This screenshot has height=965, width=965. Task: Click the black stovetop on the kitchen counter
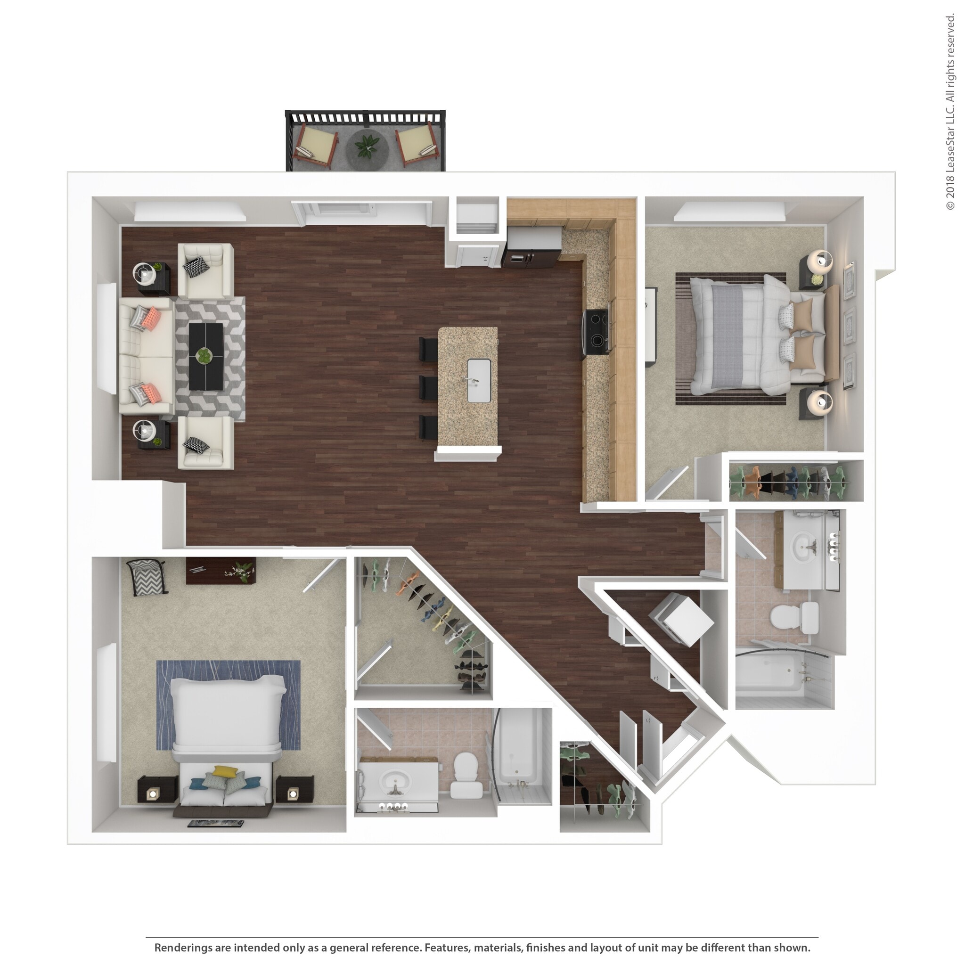597,332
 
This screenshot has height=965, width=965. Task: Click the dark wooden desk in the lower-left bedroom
221,570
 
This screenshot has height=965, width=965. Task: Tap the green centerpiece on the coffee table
203,355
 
